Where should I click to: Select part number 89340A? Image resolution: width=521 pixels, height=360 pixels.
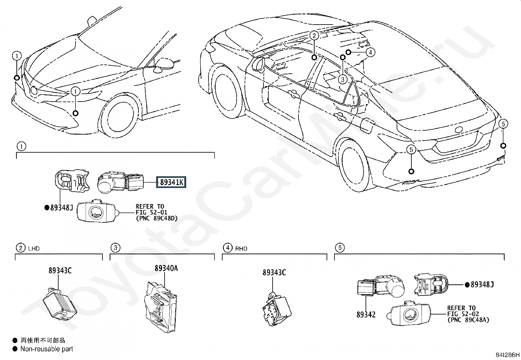tap(166, 268)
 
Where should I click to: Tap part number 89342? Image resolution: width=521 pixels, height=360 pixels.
tap(366, 315)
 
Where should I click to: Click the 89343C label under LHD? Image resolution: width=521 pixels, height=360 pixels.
tap(60, 271)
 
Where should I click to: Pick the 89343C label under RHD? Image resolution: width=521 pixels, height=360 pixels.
tap(274, 273)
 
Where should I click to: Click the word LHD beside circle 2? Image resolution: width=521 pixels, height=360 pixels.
tap(34, 249)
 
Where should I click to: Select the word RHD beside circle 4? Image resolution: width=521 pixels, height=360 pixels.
tap(241, 249)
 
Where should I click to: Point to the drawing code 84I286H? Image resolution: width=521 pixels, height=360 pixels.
tap(507, 355)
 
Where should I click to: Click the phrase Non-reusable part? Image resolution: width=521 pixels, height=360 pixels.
tap(47, 349)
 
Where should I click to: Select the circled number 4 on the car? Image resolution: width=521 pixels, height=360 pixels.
tap(370, 52)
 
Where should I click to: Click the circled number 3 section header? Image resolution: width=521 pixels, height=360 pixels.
tap(115, 248)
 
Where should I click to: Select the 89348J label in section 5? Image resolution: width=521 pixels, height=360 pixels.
tap(482, 285)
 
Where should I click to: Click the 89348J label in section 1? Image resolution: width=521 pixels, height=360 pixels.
tap(61, 207)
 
